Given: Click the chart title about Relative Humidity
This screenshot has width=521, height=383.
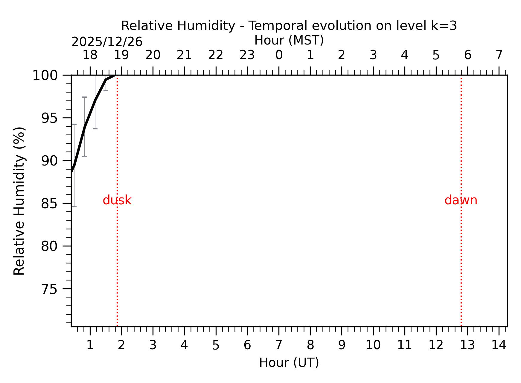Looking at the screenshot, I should (289, 26).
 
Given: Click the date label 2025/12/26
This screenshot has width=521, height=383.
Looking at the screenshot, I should (107, 42).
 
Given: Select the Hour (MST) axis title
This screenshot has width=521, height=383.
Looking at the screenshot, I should (289, 40).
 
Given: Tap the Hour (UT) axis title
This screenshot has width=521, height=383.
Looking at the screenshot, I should (289, 363).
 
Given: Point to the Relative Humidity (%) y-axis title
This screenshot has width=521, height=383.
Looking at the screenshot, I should (19, 201).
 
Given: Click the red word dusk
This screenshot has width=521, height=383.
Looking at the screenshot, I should (117, 200).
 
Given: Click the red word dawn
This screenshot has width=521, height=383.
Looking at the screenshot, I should (461, 200).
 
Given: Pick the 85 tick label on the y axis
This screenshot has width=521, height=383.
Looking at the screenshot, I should (49, 204).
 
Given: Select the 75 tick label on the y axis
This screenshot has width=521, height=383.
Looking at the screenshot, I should (49, 289).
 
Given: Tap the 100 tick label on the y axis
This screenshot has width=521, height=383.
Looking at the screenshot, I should (45, 76).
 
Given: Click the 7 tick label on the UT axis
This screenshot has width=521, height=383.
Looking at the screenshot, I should (279, 345).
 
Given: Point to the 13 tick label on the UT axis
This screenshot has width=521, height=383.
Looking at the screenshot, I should (467, 345).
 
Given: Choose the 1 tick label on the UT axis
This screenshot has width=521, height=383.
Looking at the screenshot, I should (90, 345).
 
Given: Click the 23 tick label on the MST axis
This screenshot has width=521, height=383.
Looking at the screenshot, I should (247, 55).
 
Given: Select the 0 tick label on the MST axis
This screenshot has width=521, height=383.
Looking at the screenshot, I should (279, 55).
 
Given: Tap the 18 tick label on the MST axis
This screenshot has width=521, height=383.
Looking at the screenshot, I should (90, 55).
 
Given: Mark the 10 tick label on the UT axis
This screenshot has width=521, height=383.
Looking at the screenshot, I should (373, 345).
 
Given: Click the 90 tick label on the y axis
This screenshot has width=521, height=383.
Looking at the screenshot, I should (49, 161).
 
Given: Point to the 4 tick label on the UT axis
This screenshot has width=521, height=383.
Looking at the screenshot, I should (184, 345).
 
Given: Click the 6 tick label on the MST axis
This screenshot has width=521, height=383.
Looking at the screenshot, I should (467, 55).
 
